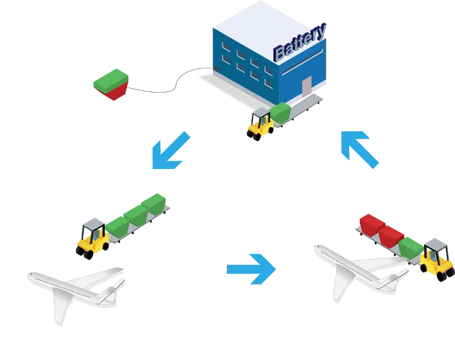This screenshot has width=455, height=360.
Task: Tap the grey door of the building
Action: [306, 86]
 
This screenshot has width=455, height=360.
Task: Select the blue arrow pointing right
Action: [251, 269]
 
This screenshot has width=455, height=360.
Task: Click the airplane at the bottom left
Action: [76, 290]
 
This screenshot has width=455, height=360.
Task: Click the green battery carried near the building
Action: [280, 112]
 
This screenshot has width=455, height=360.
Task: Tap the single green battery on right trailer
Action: [411, 246]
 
